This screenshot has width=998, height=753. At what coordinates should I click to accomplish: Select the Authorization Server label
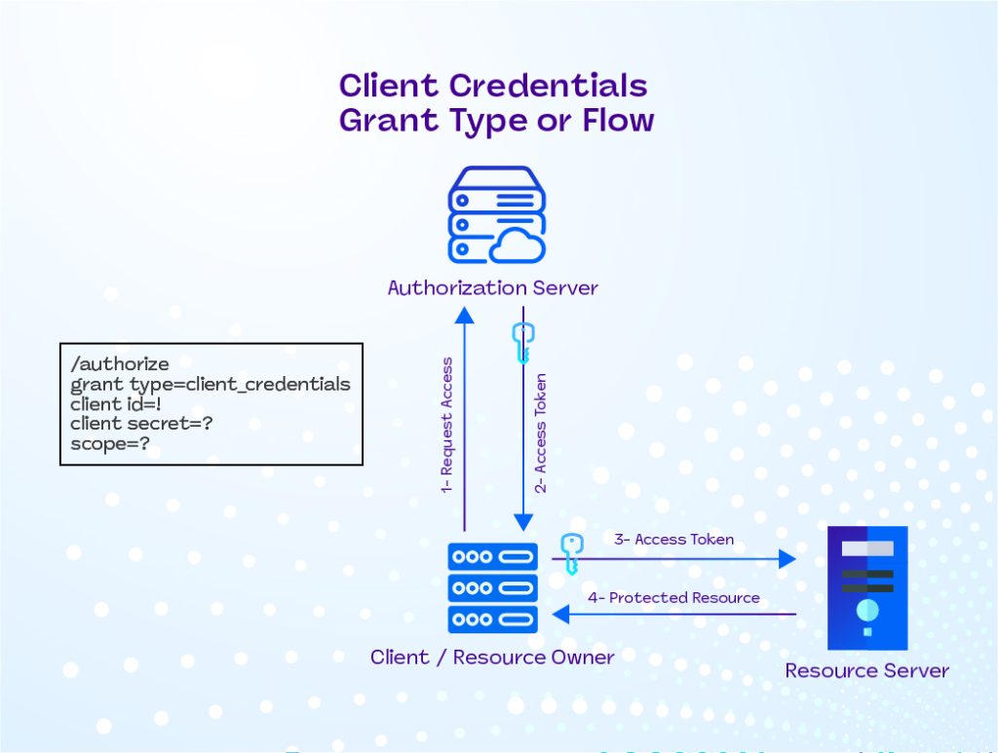tap(492, 288)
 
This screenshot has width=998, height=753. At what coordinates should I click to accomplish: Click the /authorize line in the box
tap(120, 364)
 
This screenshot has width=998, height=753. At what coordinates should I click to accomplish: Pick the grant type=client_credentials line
tap(210, 385)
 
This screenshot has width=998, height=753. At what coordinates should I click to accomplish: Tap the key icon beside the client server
tap(570, 552)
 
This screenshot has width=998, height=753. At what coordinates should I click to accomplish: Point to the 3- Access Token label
tap(673, 539)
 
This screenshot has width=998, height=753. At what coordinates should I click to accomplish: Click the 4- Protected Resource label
tap(674, 598)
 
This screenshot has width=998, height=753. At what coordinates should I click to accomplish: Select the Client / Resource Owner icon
tap(492, 587)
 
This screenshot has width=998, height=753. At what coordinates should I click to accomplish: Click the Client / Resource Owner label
tap(492, 658)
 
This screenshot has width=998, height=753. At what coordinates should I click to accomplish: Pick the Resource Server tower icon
tap(866, 587)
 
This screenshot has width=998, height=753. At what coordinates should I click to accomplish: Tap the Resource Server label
tap(866, 670)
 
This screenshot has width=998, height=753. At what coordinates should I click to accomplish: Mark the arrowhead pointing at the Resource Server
tap(787, 558)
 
